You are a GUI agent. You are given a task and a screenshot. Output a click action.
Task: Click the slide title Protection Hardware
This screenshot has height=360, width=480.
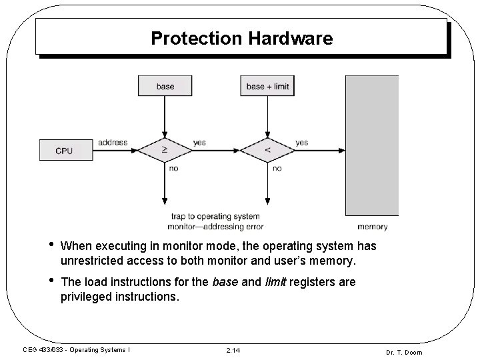click(241, 38)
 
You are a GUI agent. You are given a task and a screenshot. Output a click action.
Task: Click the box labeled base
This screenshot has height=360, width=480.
click(165, 86)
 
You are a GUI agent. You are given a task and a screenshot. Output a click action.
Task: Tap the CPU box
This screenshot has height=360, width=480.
click(64, 151)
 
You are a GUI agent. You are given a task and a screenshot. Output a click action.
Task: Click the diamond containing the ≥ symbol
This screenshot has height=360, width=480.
click(165, 151)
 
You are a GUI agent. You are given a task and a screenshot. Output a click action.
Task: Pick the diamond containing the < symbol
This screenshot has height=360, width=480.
click(268, 151)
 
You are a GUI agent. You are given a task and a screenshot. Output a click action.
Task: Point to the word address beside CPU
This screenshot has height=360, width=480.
click(112, 142)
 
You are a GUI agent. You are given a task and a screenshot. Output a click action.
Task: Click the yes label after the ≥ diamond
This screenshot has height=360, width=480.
click(199, 142)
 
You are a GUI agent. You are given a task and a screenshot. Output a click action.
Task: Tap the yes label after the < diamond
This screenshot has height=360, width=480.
click(301, 142)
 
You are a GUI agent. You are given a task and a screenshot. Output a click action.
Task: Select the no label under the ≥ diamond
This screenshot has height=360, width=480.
click(174, 169)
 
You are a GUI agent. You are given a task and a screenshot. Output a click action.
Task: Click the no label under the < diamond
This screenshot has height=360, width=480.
click(277, 169)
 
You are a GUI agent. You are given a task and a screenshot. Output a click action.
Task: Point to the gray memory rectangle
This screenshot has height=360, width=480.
click(371, 145)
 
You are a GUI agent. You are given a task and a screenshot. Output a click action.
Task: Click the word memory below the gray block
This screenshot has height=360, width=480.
click(372, 227)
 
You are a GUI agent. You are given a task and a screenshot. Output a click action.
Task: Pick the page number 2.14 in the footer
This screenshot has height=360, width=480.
click(234, 350)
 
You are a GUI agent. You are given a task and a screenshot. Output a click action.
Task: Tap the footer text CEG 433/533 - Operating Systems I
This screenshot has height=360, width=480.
click(76, 350)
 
